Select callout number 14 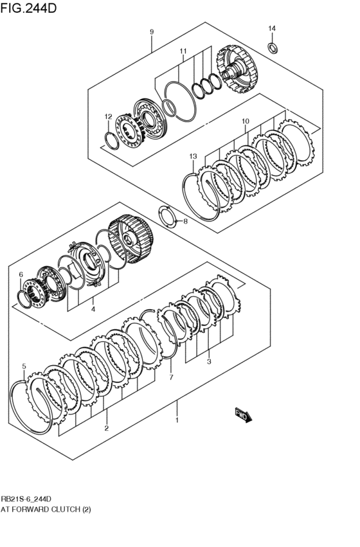point(272,28)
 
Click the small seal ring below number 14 point(273,47)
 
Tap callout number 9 point(152,32)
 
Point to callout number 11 point(183,51)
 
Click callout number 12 point(109,116)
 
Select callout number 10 point(245,121)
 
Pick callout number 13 point(192,156)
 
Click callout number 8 point(185,222)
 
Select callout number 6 point(21,275)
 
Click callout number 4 point(93,309)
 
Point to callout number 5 point(24,366)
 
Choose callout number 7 point(171,377)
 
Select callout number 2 point(106,428)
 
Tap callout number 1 point(177,421)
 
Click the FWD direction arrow point(243,415)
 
